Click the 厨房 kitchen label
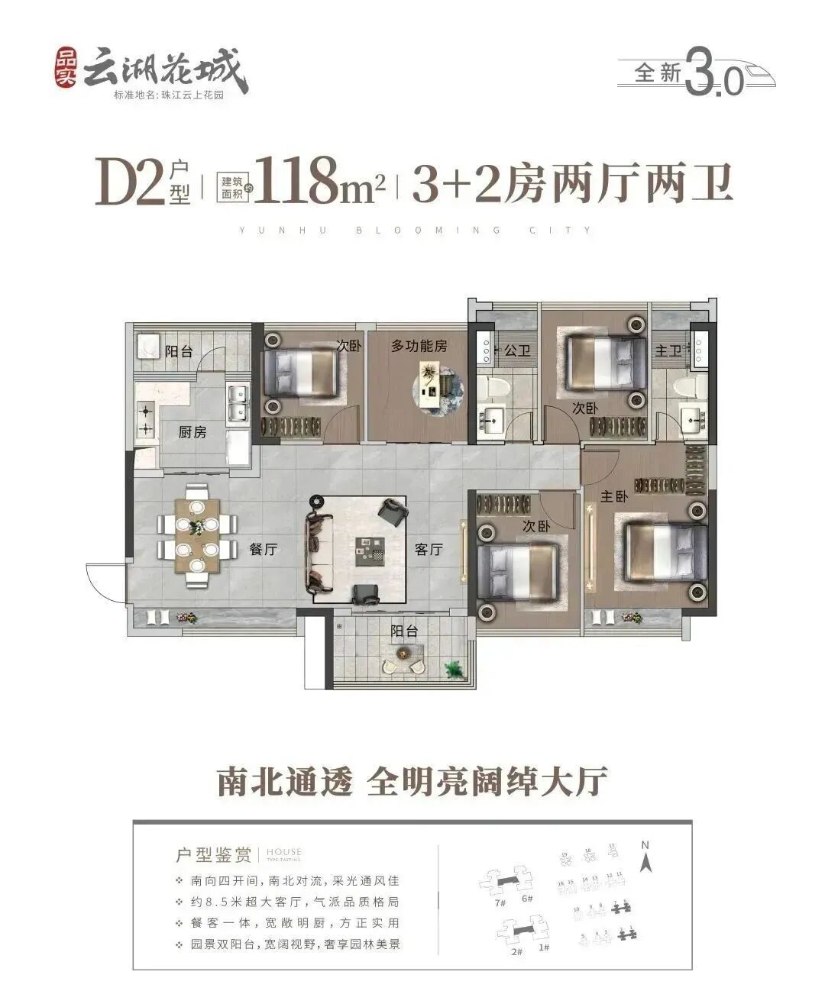click(192, 432)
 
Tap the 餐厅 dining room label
click(263, 549)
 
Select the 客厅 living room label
click(429, 549)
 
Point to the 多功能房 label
click(419, 346)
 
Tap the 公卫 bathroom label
click(517, 350)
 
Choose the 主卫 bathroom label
click(668, 350)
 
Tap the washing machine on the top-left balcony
click(147, 347)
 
